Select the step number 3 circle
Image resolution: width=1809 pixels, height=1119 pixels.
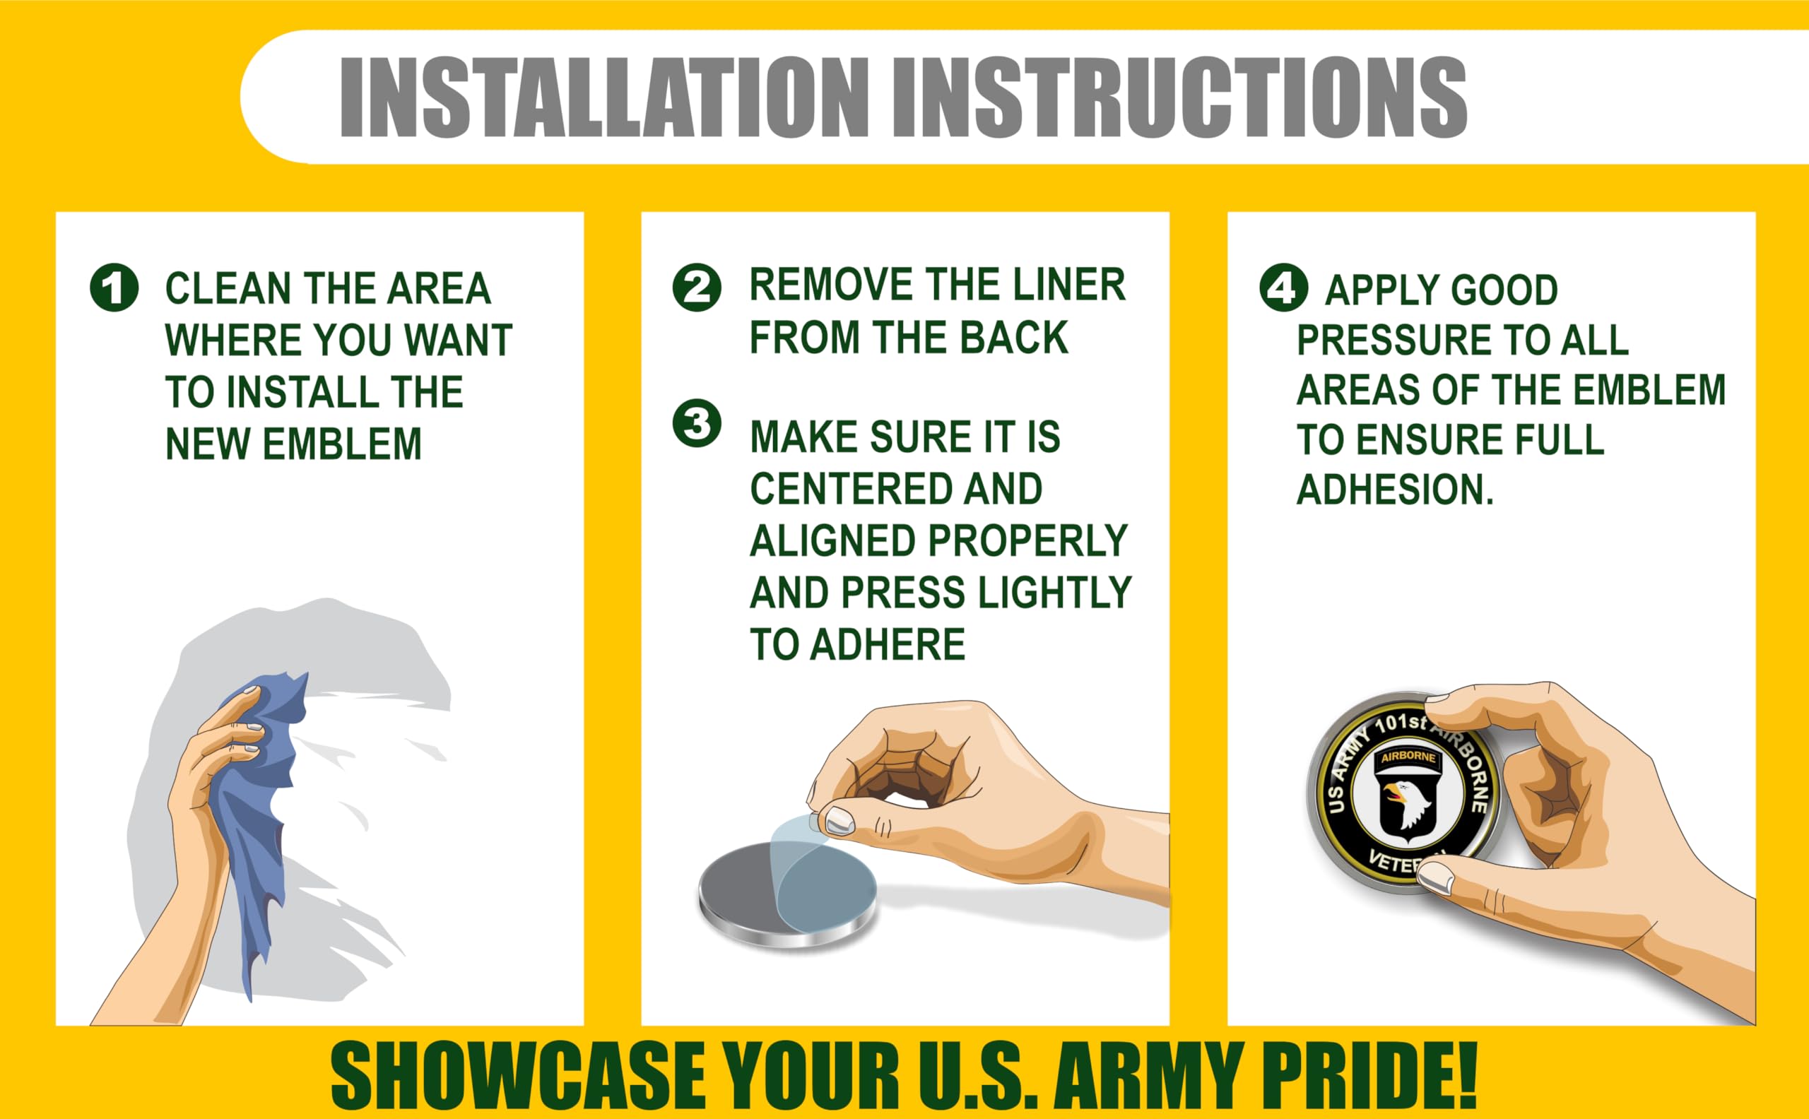click(697, 423)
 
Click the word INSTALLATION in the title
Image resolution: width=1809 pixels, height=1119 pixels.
click(603, 97)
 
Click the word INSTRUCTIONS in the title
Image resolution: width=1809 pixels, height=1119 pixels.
click(1180, 97)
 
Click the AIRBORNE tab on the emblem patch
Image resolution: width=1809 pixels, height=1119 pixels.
click(1408, 757)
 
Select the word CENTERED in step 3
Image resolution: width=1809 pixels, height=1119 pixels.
click(846, 488)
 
